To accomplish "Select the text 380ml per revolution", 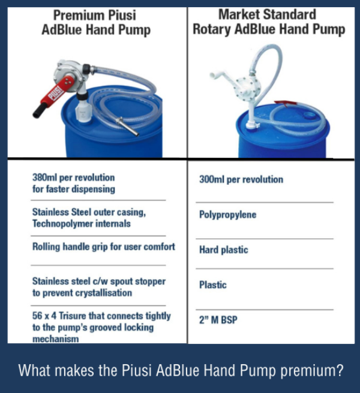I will [x=73, y=178].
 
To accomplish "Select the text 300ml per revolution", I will [x=241, y=179].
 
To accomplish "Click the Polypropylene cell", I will [x=227, y=214].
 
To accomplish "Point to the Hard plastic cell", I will [x=223, y=250].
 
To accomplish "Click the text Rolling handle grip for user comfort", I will [x=103, y=247].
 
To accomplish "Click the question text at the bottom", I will [x=181, y=370].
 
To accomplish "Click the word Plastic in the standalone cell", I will [x=212, y=285].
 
